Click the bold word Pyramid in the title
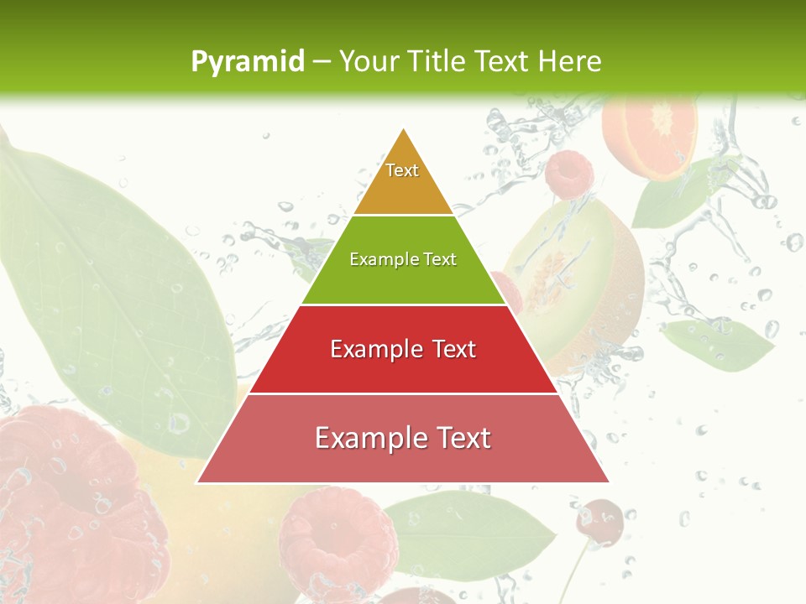(x=247, y=61)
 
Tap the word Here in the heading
(x=570, y=61)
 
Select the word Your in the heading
(x=367, y=61)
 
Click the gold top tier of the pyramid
(x=403, y=180)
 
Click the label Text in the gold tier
(x=402, y=170)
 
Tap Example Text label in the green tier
(x=403, y=259)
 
